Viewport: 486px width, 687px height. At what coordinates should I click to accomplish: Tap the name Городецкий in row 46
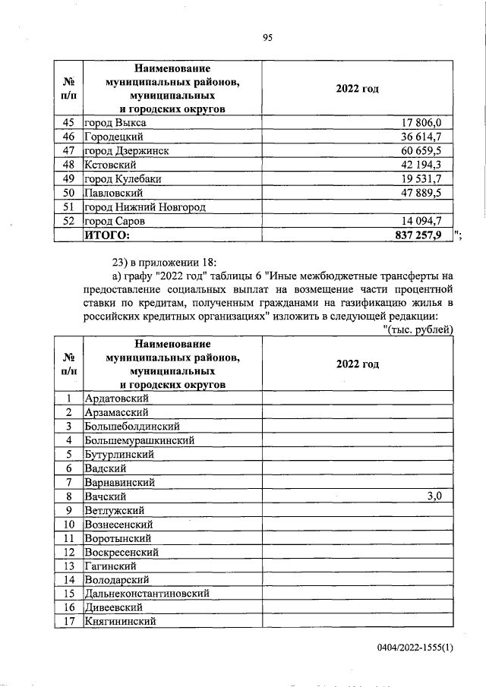(x=114, y=137)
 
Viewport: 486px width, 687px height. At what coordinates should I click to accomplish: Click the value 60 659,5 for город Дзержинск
(x=430, y=150)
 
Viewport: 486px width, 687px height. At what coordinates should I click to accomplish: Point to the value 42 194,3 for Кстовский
(x=430, y=165)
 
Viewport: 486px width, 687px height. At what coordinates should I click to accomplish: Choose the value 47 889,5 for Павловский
(x=430, y=193)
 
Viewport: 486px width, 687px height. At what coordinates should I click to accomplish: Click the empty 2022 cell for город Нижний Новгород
(x=357, y=207)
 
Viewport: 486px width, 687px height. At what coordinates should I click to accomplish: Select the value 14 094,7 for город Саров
(x=430, y=221)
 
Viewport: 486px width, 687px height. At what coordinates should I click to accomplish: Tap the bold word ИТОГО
(x=107, y=235)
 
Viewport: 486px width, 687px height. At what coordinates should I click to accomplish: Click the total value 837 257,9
(x=424, y=235)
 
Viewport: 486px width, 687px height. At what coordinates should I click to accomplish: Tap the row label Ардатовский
(x=116, y=398)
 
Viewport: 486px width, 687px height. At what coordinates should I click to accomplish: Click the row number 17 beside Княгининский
(x=68, y=622)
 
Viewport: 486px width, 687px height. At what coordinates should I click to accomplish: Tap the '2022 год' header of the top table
(x=357, y=90)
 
